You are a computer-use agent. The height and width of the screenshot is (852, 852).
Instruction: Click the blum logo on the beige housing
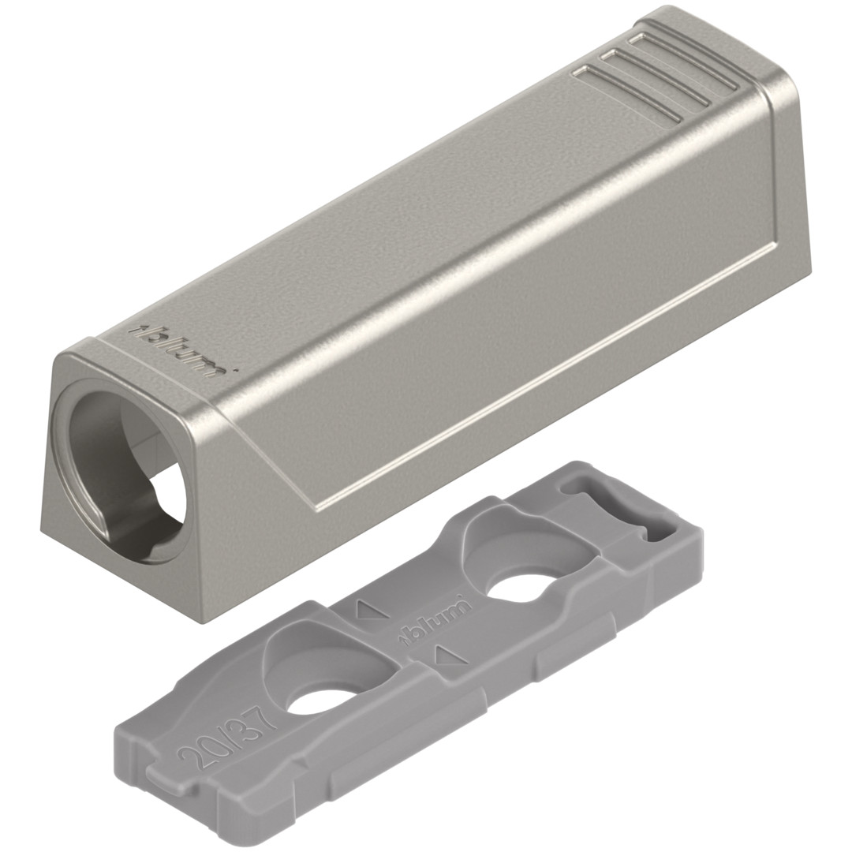tap(178, 350)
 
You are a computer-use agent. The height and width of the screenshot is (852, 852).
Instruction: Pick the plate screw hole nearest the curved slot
tap(517, 590)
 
